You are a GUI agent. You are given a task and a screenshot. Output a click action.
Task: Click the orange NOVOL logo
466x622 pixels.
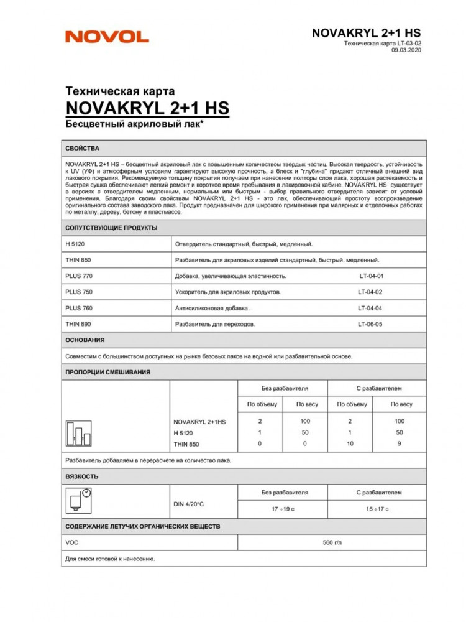107,37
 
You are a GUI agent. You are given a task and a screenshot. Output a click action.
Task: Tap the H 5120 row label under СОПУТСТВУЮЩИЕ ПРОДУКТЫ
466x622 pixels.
77,244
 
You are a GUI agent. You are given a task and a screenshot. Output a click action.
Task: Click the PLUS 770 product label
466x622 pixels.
79,276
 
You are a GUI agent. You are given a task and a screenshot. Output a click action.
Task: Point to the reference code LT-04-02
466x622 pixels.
370,292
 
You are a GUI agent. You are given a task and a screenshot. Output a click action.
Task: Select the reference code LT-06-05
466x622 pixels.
370,324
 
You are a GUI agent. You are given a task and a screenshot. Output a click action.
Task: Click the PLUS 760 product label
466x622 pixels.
79,308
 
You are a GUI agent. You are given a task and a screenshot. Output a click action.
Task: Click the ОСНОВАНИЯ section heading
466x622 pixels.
85,340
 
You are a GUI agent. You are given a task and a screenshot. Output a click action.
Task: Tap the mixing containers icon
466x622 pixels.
78,433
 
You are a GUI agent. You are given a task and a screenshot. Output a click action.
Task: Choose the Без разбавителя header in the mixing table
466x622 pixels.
285,388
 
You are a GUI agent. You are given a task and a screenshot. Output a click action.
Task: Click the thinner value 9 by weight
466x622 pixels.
400,443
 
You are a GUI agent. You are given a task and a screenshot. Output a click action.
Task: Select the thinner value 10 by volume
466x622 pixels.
350,443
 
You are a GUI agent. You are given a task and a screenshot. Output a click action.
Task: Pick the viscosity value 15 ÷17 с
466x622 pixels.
377,509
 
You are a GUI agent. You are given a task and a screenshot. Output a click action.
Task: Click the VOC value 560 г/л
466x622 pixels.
332,543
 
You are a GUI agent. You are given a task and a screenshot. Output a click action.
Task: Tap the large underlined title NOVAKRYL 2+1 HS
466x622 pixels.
147,108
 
